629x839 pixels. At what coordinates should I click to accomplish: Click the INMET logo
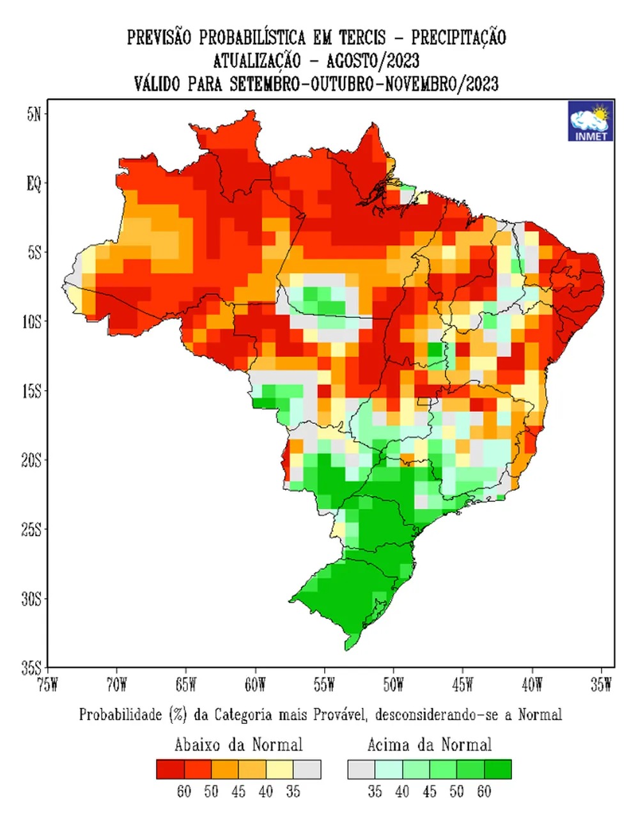(x=591, y=120)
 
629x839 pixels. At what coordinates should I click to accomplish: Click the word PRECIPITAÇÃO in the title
(x=458, y=37)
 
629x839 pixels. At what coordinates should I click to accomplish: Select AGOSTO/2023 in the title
(x=373, y=61)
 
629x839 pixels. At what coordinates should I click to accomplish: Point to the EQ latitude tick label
(x=33, y=184)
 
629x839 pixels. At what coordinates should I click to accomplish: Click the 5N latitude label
(x=34, y=115)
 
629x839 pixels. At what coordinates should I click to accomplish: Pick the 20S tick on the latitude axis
(x=31, y=460)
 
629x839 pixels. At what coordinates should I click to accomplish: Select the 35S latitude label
(x=31, y=668)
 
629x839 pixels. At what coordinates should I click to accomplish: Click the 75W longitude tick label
(x=47, y=685)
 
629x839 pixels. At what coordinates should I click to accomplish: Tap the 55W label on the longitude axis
(x=324, y=685)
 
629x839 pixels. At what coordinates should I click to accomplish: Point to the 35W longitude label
(x=601, y=685)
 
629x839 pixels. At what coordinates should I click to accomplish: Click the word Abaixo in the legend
(x=197, y=745)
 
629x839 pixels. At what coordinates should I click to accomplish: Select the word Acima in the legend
(x=390, y=745)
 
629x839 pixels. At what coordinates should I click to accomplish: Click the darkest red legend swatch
(x=170, y=769)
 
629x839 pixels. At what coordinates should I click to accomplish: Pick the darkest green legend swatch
(x=498, y=769)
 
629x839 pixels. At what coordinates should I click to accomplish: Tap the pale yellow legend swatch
(x=279, y=769)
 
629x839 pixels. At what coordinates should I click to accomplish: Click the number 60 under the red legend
(x=184, y=792)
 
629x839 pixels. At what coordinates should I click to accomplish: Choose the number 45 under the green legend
(x=430, y=792)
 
